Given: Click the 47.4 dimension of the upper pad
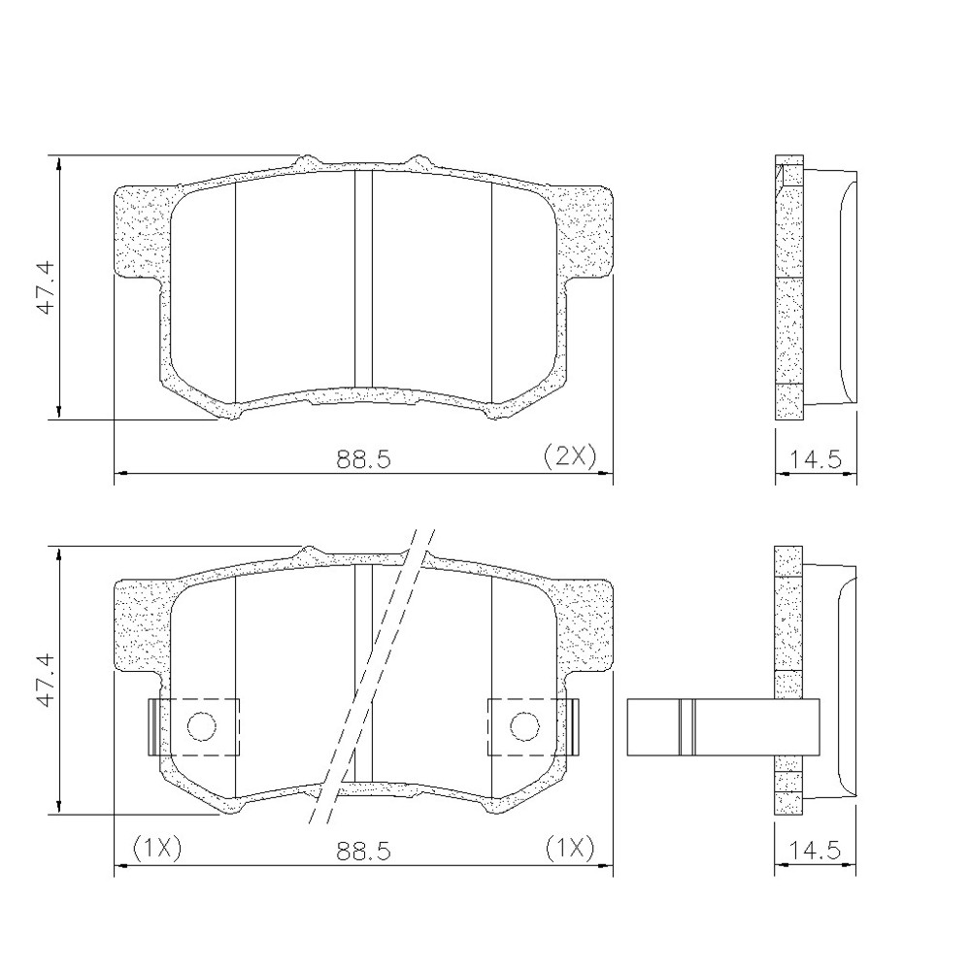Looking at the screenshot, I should [x=44, y=288].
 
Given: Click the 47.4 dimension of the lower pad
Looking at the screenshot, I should [x=44, y=682].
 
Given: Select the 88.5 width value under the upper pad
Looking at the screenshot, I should [x=364, y=459].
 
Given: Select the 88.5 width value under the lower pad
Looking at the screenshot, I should [x=364, y=851].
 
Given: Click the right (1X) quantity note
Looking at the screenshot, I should [x=569, y=848].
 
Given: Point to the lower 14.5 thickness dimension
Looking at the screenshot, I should [x=816, y=851].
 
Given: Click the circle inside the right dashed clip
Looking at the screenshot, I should [x=524, y=725].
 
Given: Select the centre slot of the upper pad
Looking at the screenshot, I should [x=363, y=282].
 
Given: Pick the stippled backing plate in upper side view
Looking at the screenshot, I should [x=789, y=291].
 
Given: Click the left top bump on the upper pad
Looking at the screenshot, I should [x=309, y=159].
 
